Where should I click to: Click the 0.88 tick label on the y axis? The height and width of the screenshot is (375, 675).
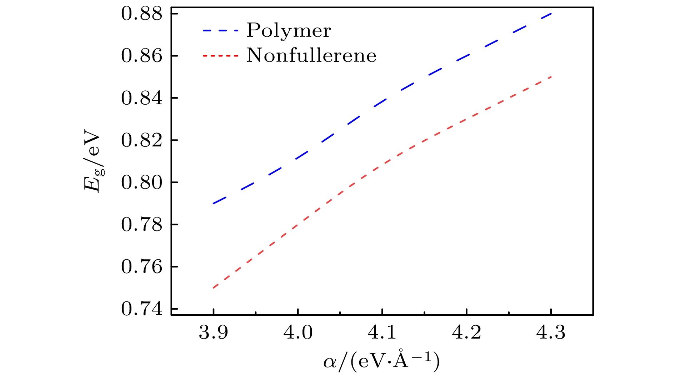point(142,14)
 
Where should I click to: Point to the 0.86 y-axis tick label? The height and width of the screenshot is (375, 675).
point(142,56)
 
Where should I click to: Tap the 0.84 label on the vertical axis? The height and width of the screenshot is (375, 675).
point(142,98)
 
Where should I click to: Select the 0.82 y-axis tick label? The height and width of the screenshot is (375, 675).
point(142,140)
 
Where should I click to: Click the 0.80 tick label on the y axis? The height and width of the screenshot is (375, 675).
point(142,182)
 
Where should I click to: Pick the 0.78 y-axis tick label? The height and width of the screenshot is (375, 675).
point(142,225)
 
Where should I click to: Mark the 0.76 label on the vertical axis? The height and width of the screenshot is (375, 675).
point(142,267)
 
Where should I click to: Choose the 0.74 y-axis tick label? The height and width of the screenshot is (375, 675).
point(142,309)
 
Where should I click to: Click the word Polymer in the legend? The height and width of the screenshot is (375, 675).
point(289,31)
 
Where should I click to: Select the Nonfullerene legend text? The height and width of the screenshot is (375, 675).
point(311,56)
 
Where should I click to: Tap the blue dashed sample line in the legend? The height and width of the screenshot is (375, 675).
point(220,31)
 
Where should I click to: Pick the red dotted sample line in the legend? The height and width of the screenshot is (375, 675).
point(220,56)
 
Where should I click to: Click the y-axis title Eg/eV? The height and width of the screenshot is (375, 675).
point(94,162)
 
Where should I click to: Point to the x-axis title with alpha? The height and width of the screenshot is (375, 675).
point(381,361)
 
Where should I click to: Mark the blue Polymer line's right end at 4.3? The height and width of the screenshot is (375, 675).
point(551,14)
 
